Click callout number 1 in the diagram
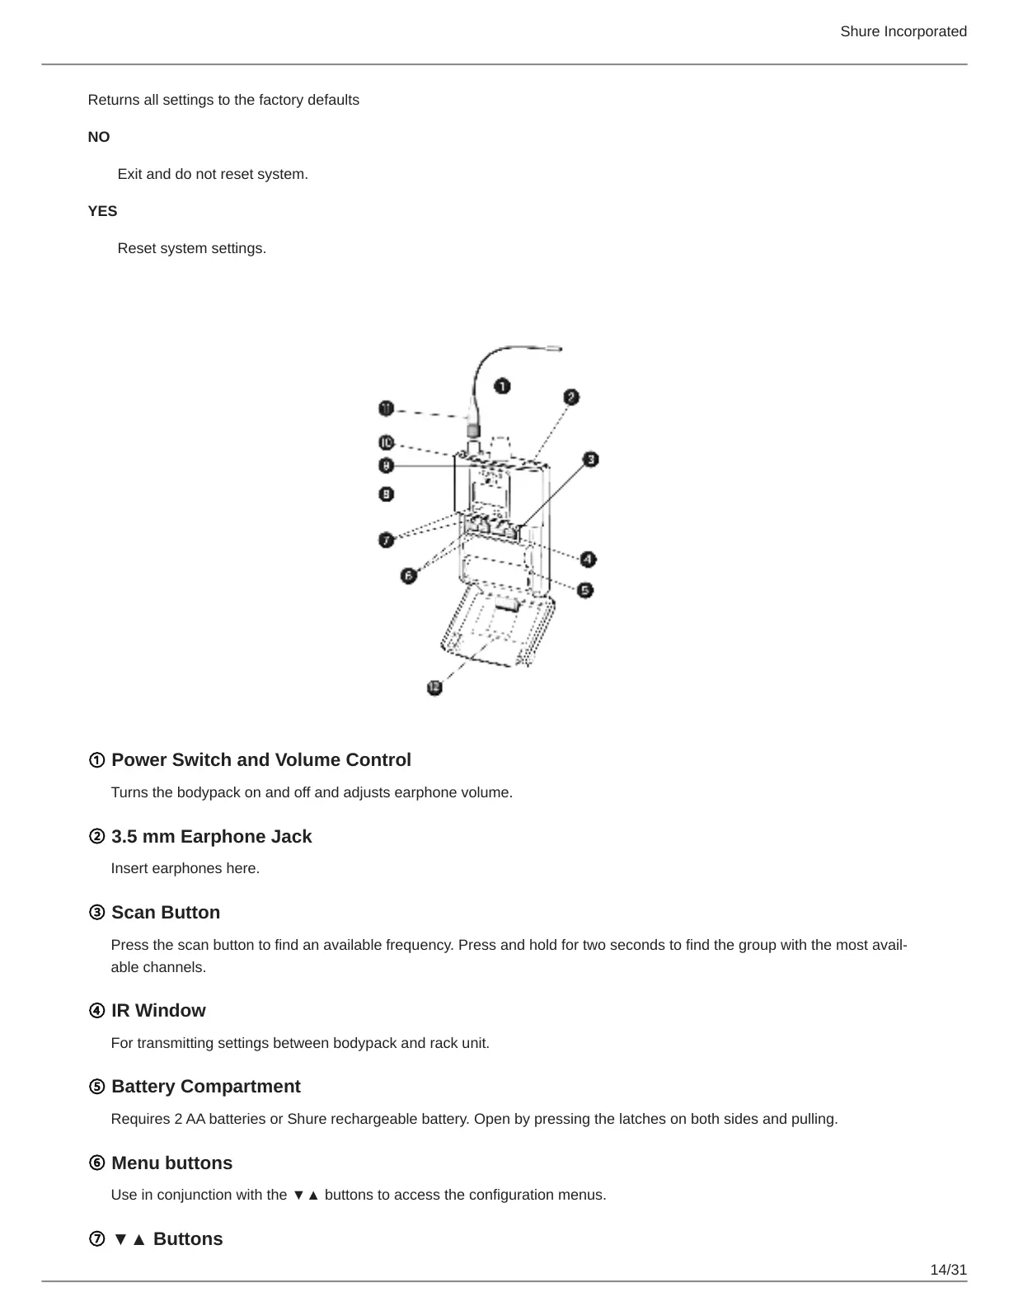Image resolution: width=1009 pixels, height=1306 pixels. [x=502, y=386]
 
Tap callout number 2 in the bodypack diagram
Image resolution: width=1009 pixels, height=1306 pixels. [x=571, y=397]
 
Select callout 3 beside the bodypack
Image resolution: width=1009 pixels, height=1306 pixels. [x=590, y=459]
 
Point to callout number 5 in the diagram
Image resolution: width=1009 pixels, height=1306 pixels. [x=584, y=590]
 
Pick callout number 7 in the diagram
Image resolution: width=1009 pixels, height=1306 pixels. [x=387, y=540]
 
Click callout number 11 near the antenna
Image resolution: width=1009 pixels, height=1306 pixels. [x=387, y=408]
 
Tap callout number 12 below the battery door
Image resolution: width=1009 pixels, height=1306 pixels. [x=434, y=687]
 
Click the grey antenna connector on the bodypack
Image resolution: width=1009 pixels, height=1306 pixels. [x=473, y=430]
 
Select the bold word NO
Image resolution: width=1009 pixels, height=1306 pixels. [x=99, y=137]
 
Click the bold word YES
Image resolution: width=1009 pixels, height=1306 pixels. [x=103, y=211]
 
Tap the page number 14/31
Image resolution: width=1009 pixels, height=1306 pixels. [x=948, y=1270]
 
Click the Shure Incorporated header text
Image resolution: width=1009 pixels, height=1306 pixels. [x=903, y=31]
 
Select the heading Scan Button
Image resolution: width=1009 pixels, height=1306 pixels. [x=166, y=913]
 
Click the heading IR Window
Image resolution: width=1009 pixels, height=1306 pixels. [x=158, y=1011]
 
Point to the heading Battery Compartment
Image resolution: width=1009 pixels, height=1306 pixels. [x=206, y=1087]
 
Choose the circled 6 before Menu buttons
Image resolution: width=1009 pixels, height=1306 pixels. [x=96, y=1163]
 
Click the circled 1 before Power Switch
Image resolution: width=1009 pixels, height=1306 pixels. [x=96, y=760]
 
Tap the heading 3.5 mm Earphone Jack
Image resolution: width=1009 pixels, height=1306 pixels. [x=211, y=837]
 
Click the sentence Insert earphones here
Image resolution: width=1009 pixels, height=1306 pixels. [x=185, y=868]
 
